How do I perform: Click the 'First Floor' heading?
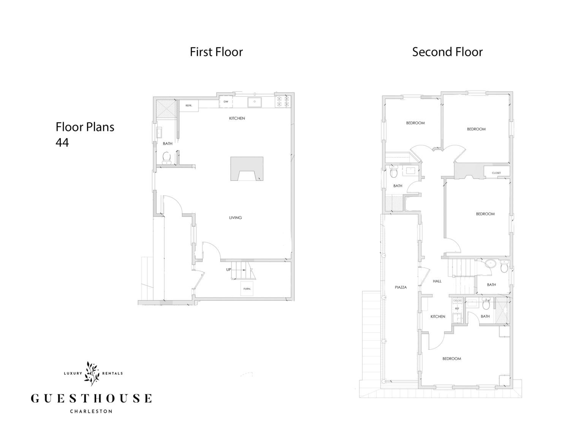(216, 52)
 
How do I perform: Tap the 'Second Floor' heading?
(447, 52)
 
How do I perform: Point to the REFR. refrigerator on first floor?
(189, 106)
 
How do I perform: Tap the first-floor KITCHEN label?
(237, 118)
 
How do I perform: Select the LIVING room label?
(235, 218)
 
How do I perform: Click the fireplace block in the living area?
(247, 169)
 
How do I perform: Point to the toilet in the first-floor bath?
(166, 158)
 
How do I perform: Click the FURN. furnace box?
(247, 289)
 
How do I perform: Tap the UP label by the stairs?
(229, 270)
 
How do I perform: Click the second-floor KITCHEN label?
(438, 317)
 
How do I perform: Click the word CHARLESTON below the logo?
(91, 411)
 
